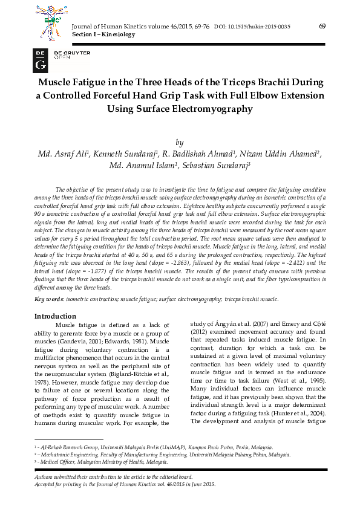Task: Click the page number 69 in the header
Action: (x=322, y=26)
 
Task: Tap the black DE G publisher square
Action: (x=41, y=59)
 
